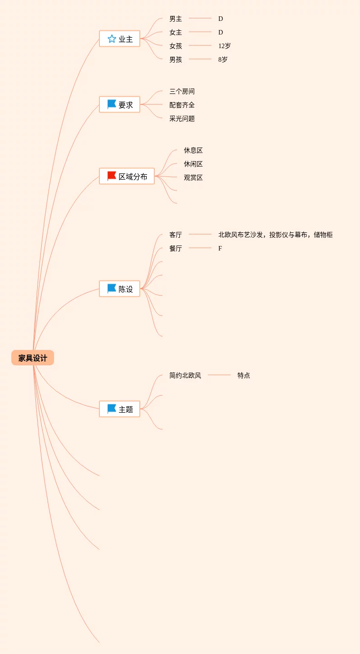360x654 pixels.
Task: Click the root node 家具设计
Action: (33, 358)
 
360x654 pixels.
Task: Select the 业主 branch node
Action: (120, 39)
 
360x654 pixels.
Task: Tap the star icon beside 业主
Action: (112, 39)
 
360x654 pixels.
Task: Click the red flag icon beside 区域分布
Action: (112, 176)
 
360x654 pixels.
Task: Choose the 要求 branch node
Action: (120, 105)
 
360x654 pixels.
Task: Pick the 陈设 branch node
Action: (120, 289)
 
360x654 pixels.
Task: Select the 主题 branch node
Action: (120, 409)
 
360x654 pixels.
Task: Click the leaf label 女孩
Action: (176, 46)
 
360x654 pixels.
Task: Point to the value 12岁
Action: (224, 46)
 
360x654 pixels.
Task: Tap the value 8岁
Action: (223, 59)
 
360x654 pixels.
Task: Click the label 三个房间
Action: (182, 91)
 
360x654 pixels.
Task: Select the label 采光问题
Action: (182, 118)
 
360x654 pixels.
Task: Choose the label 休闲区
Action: (193, 164)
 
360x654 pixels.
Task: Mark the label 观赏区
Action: (193, 177)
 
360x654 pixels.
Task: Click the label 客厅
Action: (176, 235)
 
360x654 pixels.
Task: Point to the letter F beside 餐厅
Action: (220, 248)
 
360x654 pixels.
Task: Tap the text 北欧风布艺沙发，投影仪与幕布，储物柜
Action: (275, 235)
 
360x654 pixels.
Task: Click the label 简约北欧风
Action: (185, 375)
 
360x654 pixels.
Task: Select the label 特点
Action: (244, 375)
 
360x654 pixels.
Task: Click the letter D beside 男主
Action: (221, 19)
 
